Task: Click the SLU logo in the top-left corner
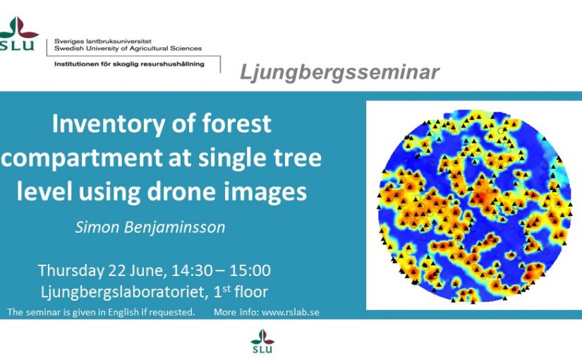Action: pyautogui.click(x=18, y=33)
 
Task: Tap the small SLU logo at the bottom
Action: pyautogui.click(x=262, y=341)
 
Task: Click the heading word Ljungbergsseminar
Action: pyautogui.click(x=339, y=72)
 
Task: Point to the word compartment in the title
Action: pyautogui.click(x=82, y=158)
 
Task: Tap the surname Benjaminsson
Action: pyautogui.click(x=174, y=227)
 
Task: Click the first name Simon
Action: pyautogui.click(x=97, y=227)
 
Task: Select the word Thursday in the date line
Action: pyautogui.click(x=71, y=271)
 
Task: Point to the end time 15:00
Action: pyautogui.click(x=250, y=271)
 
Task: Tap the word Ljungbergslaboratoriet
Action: pyautogui.click(x=124, y=292)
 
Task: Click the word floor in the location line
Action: pyautogui.click(x=251, y=292)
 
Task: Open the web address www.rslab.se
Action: pyautogui.click(x=291, y=312)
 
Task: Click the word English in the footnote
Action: pyautogui.click(x=123, y=313)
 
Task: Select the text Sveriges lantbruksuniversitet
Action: pyautogui.click(x=103, y=41)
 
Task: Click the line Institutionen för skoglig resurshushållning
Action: pyautogui.click(x=129, y=64)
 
